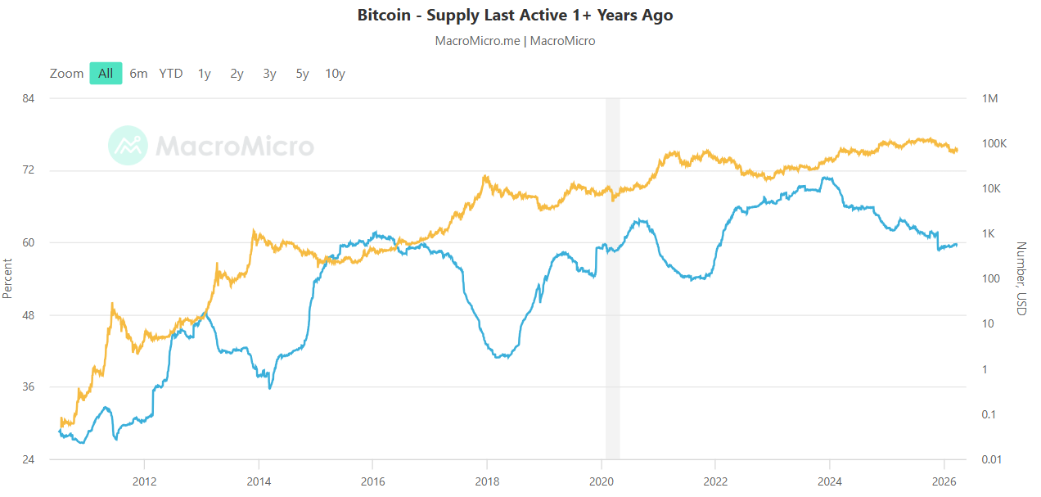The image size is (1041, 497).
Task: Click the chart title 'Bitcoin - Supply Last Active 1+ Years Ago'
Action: coord(515,16)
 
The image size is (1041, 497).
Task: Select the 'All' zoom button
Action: coord(106,74)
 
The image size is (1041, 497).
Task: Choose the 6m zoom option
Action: coord(138,74)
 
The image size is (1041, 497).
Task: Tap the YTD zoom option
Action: coord(171,74)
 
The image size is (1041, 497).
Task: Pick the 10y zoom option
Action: coord(335,74)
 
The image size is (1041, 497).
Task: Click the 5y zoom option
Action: coord(303,74)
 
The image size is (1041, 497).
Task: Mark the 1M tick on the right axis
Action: coord(989,98)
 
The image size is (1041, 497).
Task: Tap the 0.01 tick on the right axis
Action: coord(992,459)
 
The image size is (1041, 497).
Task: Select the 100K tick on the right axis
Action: coord(994,143)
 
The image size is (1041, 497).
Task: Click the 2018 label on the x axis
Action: coord(487,481)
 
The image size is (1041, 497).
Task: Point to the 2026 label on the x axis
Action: coord(944,481)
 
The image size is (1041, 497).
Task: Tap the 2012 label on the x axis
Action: coord(144,481)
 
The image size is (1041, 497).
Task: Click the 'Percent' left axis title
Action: coord(8,278)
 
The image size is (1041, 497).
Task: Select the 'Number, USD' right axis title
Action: coord(1021,278)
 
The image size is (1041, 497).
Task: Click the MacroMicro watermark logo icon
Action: coord(128,146)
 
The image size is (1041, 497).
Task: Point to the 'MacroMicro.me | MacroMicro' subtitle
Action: coord(515,41)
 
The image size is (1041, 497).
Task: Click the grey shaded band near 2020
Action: coord(612,278)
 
